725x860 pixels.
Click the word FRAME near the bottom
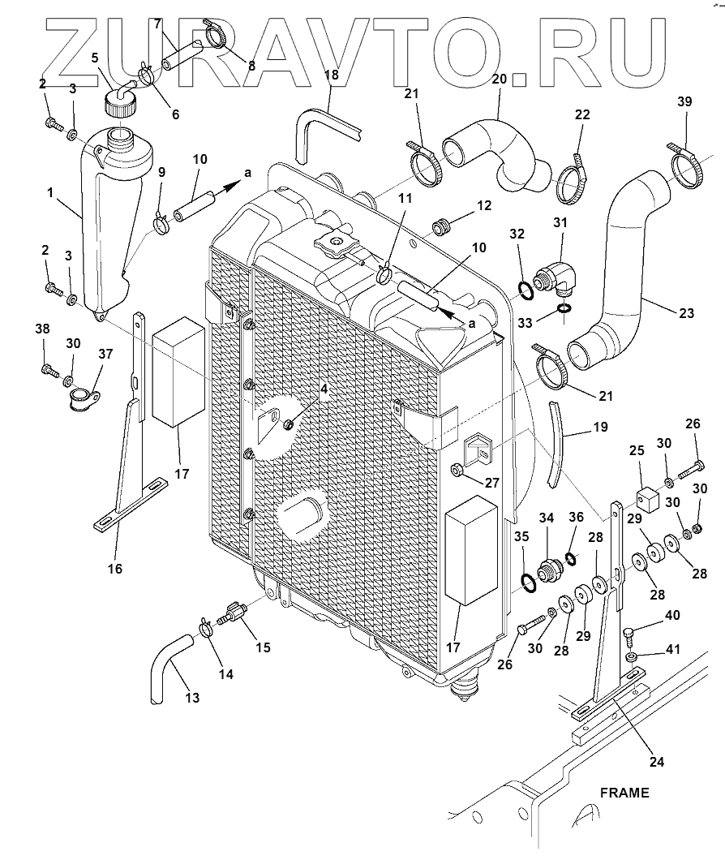[624, 793]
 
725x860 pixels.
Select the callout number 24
[656, 761]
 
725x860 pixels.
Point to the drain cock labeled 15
[232, 612]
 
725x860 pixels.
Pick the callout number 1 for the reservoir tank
[50, 192]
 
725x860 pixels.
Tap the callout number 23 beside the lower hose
[686, 312]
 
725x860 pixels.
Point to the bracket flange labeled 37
[85, 398]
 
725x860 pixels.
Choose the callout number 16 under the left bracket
[114, 569]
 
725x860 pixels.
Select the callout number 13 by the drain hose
[192, 698]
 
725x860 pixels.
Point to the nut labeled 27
[457, 470]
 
